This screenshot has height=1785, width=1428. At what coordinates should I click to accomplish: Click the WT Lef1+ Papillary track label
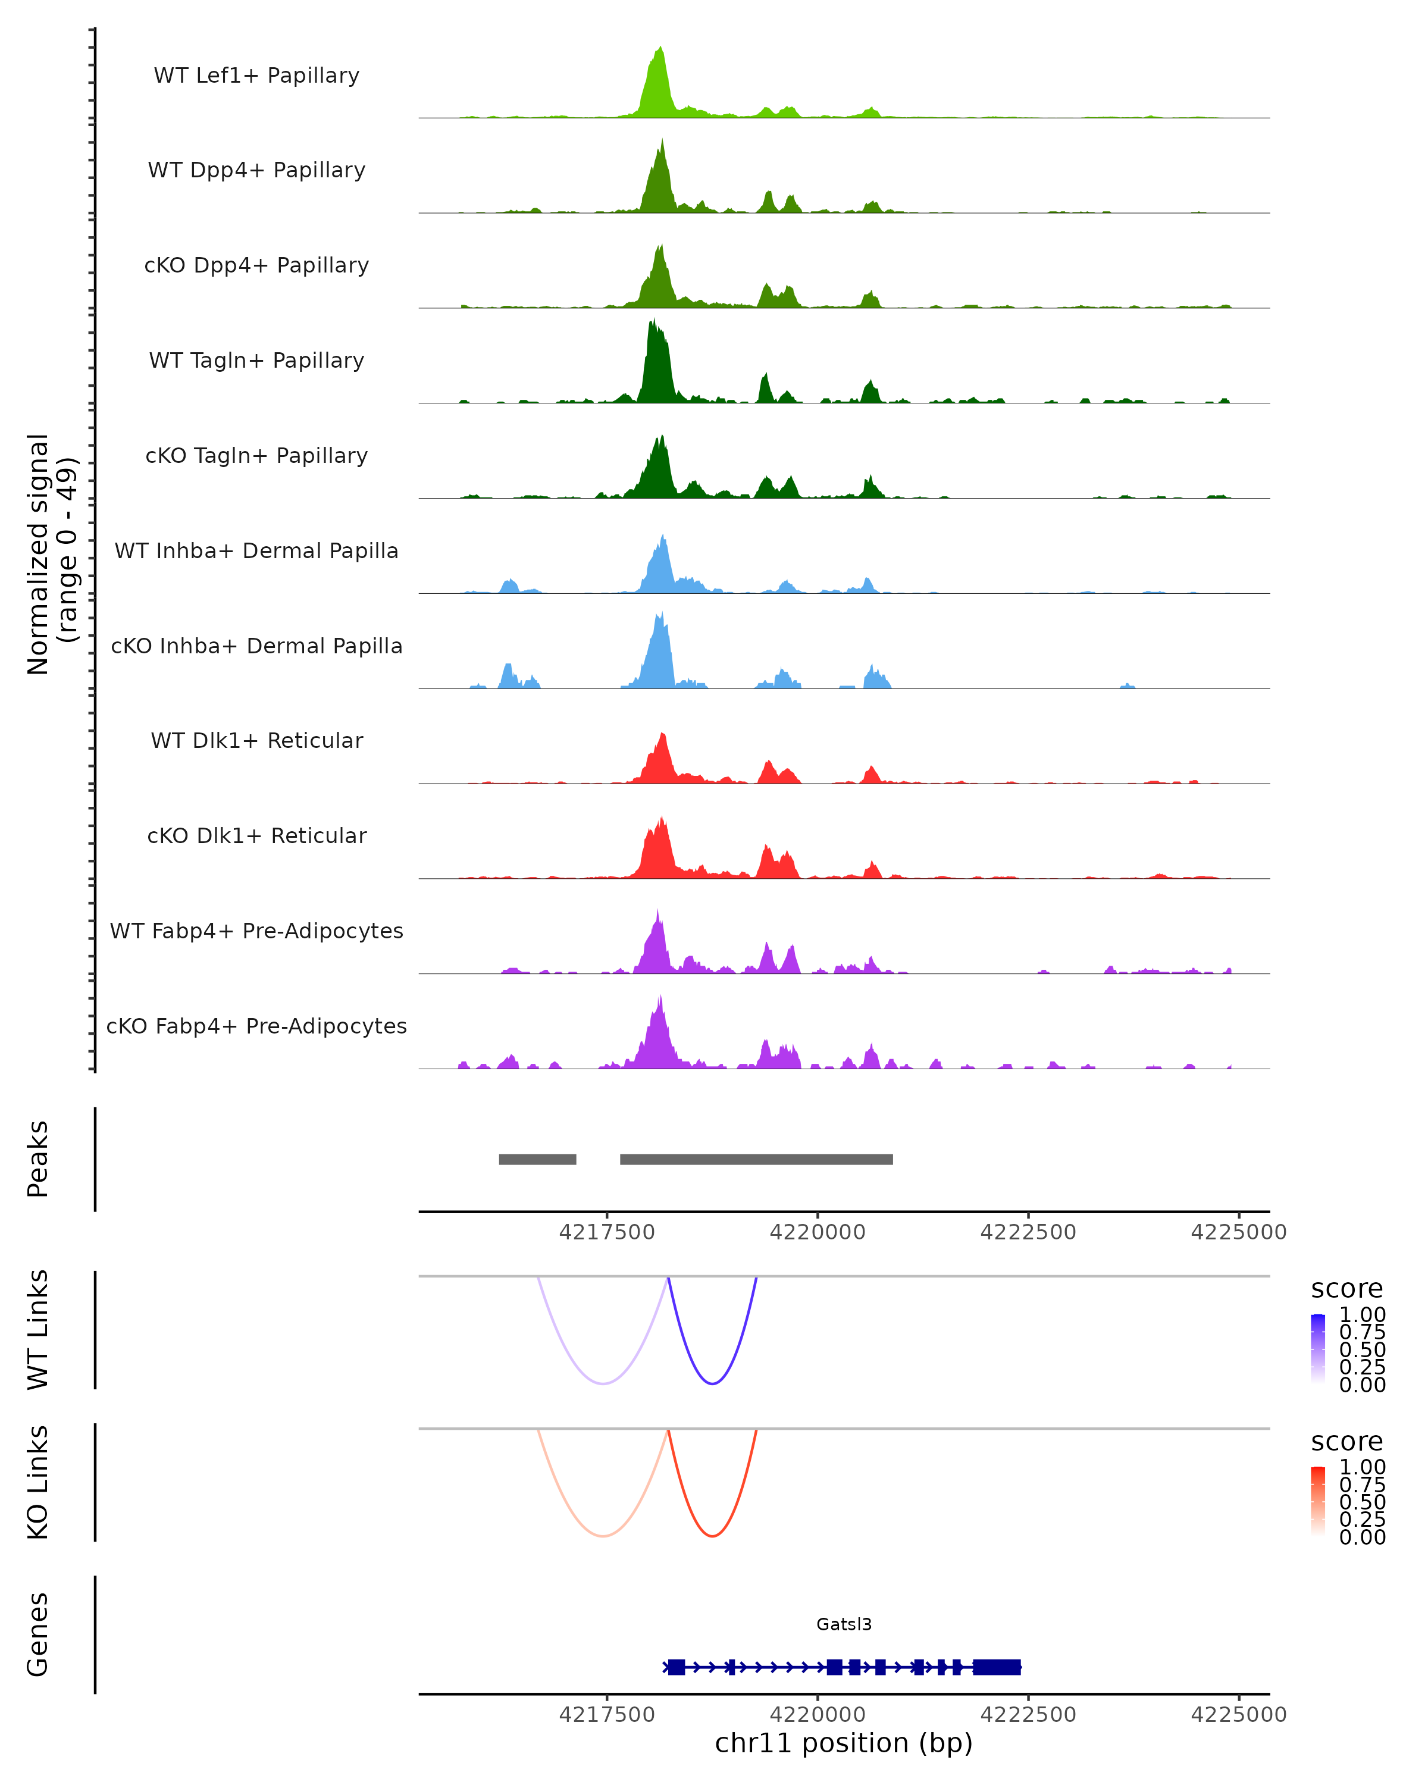coord(256,76)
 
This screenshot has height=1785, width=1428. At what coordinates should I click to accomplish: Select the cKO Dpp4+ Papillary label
coord(256,266)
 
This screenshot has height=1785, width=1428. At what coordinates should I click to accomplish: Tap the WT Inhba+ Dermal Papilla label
coord(256,552)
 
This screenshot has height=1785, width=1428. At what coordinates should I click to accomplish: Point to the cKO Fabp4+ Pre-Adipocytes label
coord(256,1026)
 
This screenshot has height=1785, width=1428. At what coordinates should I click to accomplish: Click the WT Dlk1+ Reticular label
coord(256,741)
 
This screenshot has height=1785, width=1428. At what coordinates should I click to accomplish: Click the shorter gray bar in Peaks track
coord(537,1159)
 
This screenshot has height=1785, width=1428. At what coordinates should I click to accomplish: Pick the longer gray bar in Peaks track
coord(756,1159)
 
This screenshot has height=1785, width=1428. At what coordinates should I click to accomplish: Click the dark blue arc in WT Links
coord(712,1383)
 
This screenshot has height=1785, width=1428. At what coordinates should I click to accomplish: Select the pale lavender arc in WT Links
coord(605,1383)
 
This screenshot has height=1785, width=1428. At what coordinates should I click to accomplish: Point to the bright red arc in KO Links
coord(712,1536)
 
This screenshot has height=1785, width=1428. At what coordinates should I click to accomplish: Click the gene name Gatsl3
coord(844,1624)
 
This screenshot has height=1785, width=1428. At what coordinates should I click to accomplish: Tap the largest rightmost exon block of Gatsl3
coord(997,1667)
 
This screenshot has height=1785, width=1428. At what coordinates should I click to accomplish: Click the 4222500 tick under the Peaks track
coord(1028,1232)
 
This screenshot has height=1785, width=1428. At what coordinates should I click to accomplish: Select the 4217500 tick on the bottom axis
coord(607,1715)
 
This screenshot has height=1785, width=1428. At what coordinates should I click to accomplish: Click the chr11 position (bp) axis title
coord(844,1743)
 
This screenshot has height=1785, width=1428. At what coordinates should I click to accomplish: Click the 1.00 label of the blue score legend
coord(1362,1315)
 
